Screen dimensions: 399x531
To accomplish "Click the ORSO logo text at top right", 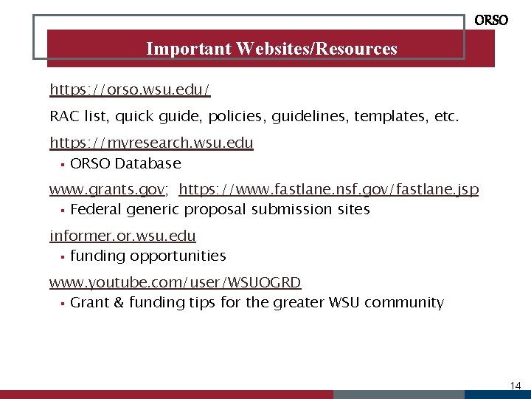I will (x=491, y=21).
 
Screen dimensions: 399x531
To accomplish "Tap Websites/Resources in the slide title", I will (x=317, y=49).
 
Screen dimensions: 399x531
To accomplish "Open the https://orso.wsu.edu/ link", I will (x=130, y=89).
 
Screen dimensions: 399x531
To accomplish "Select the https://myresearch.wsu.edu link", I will (x=151, y=143).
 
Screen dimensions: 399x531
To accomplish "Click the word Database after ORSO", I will (x=147, y=163).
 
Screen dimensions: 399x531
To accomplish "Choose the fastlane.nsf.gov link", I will (x=329, y=190).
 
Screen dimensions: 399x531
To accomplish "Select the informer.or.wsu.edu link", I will (x=122, y=236).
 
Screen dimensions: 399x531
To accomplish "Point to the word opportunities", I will (x=178, y=256).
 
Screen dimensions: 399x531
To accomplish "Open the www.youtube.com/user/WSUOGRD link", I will (x=175, y=282).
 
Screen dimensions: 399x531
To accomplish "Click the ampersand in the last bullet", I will (x=119, y=302).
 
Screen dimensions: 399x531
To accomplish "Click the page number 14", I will (x=516, y=386).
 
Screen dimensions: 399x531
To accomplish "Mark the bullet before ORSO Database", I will (x=63, y=163).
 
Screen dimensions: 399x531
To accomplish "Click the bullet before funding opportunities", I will (x=63, y=256).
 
